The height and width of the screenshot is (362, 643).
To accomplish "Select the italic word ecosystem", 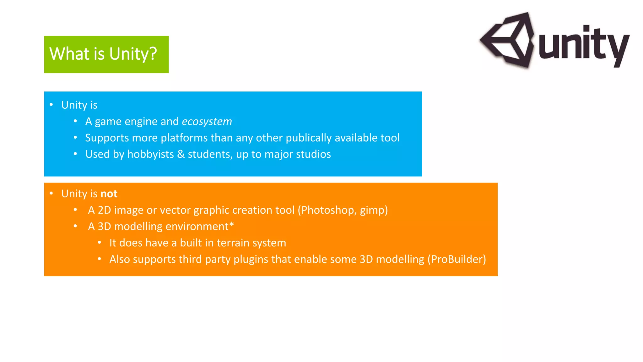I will [x=207, y=122].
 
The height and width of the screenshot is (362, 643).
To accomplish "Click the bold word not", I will [x=109, y=194].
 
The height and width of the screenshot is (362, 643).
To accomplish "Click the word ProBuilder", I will [x=457, y=259].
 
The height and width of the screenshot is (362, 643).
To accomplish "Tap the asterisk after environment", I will [x=231, y=225].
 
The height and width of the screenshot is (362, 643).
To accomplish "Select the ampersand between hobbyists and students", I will [x=181, y=154].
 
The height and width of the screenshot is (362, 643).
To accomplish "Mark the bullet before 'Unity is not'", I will [x=51, y=193].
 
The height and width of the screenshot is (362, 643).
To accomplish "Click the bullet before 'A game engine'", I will [x=75, y=121].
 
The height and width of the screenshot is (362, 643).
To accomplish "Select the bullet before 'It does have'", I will [x=99, y=242].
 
